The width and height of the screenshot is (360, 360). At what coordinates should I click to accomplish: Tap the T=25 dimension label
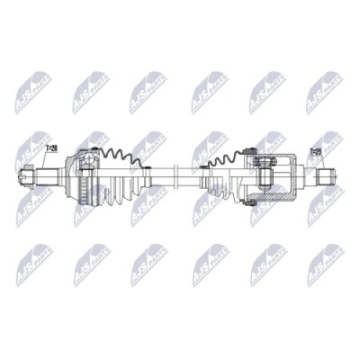[x=317, y=152]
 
